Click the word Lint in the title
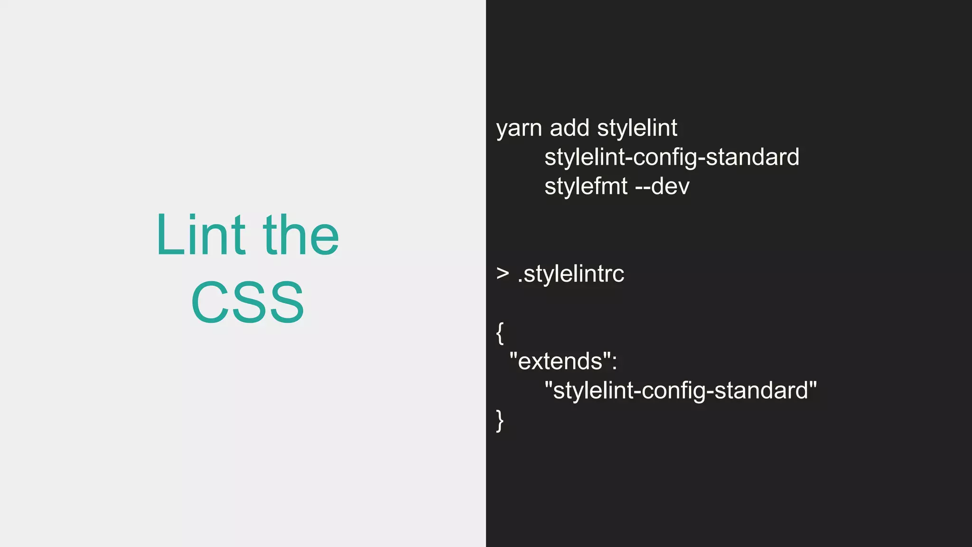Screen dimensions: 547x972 tap(200, 235)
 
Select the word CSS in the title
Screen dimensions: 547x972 tap(247, 302)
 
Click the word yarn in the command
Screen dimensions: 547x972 tap(519, 128)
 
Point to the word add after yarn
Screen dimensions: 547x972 tap(570, 128)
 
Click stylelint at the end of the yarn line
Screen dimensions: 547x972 tap(637, 128)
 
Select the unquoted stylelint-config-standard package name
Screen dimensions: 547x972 tap(672, 158)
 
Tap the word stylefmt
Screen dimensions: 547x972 tap(586, 187)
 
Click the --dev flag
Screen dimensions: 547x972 tap(662, 187)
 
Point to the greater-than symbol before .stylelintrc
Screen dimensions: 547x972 tap(503, 273)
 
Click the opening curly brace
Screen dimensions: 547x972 tap(500, 333)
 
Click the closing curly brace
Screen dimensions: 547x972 tap(500, 420)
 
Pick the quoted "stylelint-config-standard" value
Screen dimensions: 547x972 tap(681, 391)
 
